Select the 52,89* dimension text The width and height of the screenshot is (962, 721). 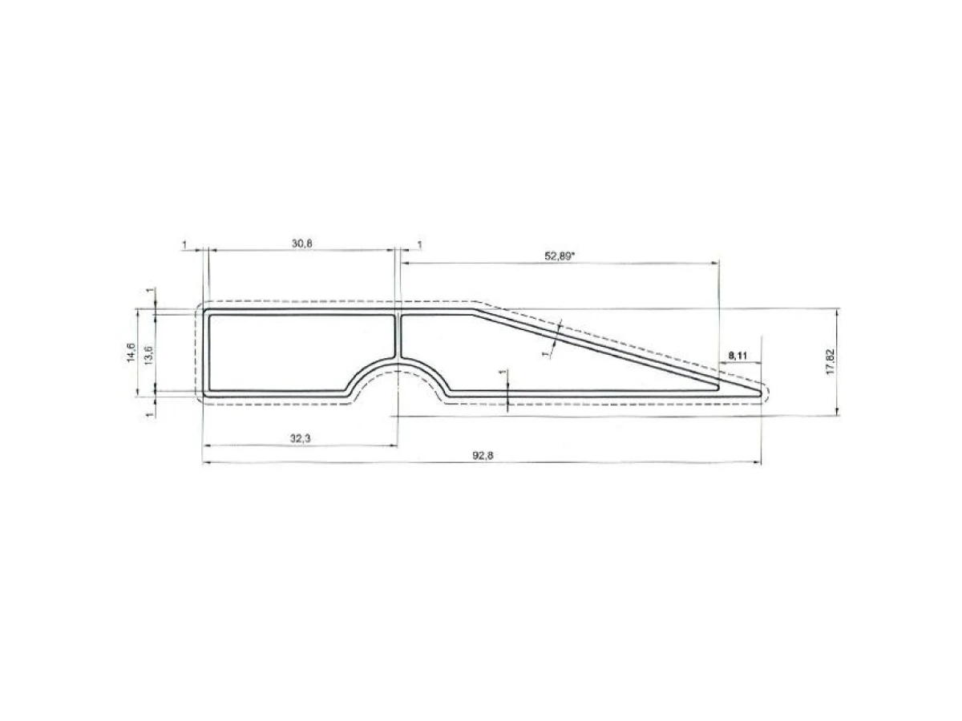click(x=561, y=256)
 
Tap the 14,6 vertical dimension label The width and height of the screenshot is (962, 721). click(x=131, y=353)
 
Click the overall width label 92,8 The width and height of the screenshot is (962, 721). click(x=481, y=455)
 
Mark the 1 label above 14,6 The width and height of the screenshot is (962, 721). click(x=150, y=291)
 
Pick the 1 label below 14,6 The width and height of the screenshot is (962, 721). click(x=150, y=414)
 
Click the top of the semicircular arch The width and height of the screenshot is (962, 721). click(x=398, y=362)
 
